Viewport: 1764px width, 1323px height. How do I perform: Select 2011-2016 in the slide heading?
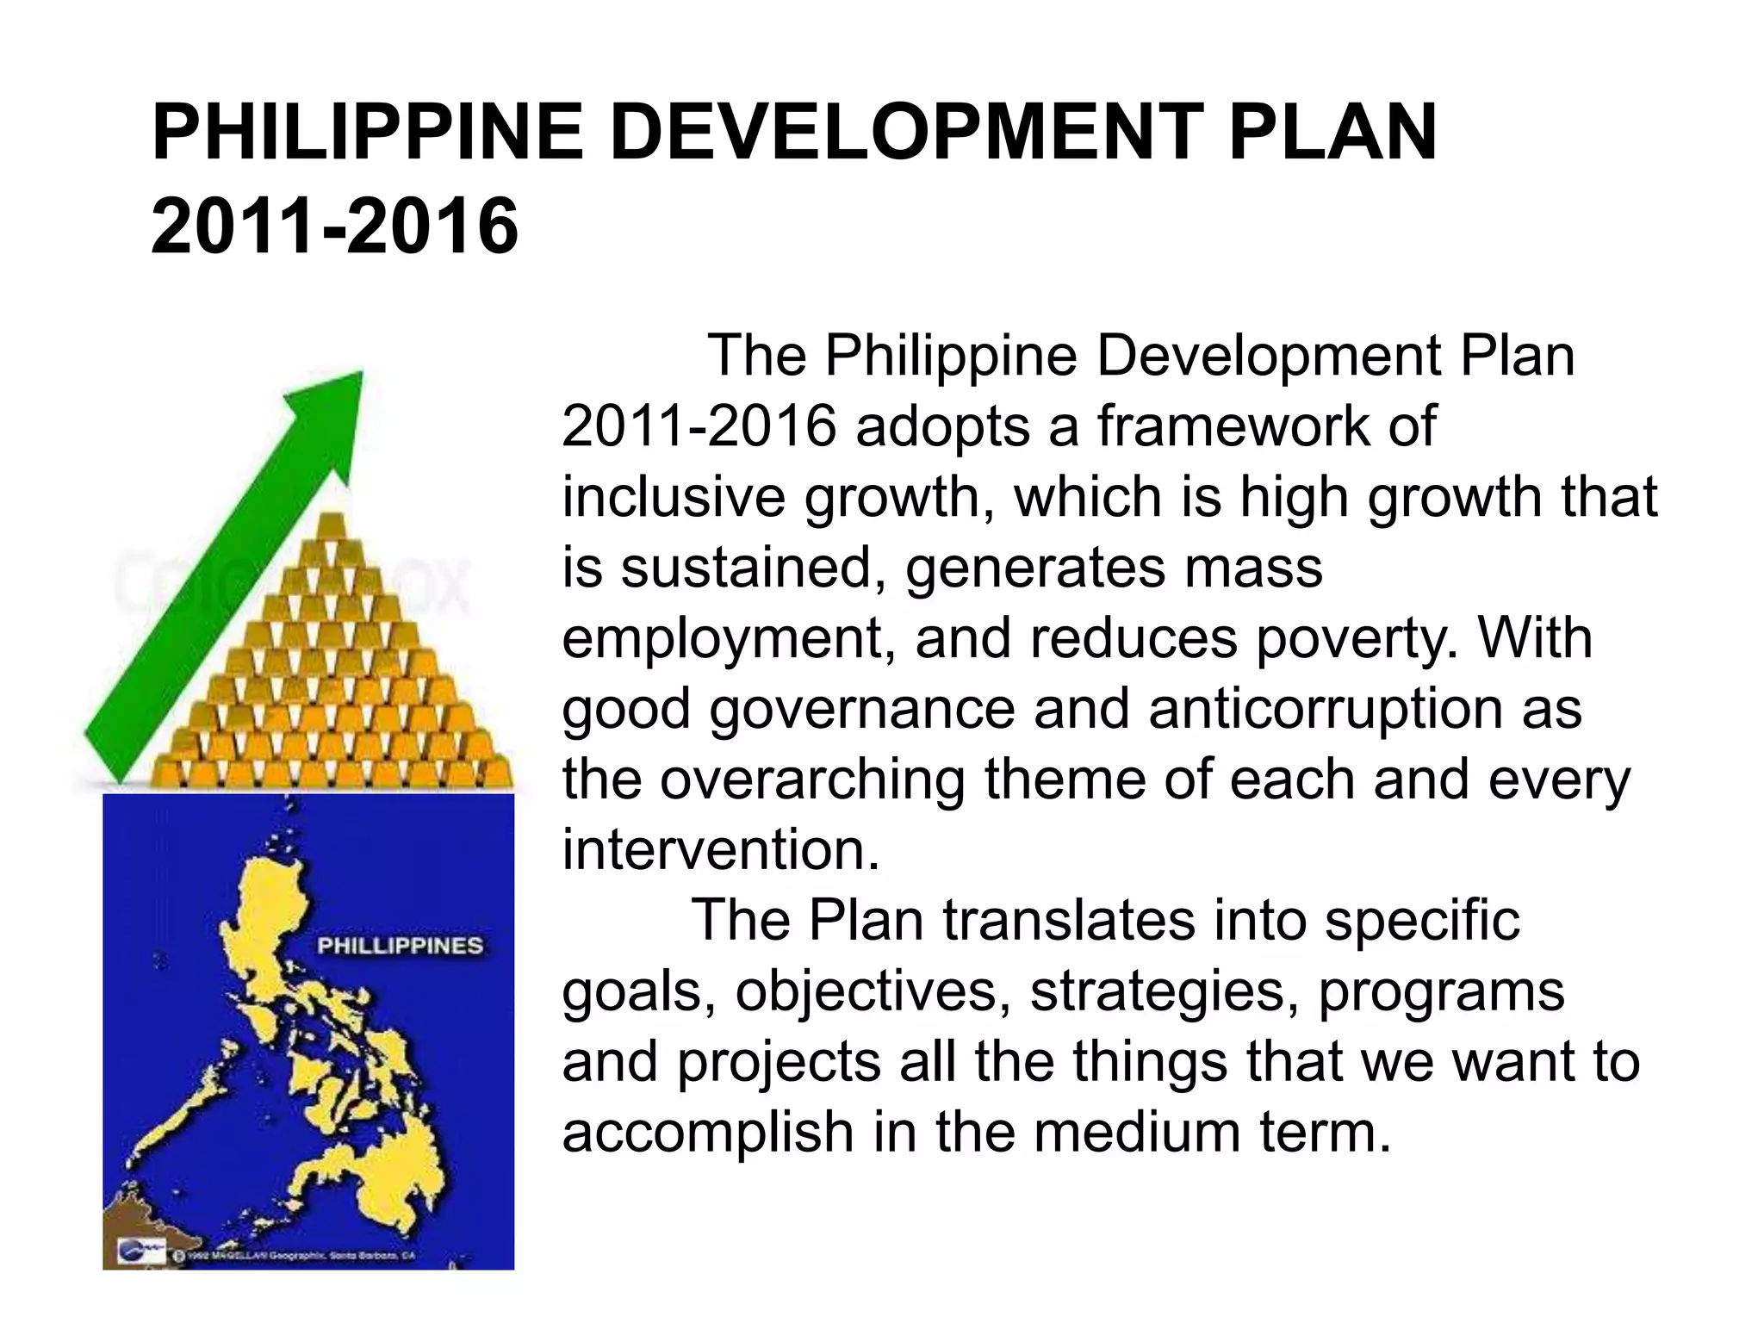pyautogui.click(x=335, y=226)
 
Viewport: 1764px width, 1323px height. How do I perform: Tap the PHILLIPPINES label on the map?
pyautogui.click(x=400, y=946)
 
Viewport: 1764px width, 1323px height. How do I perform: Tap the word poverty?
pyautogui.click(x=1357, y=639)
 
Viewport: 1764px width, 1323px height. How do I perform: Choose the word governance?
pyautogui.click(x=862, y=709)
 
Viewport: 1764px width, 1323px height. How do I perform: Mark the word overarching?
pyautogui.click(x=812, y=780)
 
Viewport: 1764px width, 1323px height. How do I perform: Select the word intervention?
pyautogui.click(x=721, y=850)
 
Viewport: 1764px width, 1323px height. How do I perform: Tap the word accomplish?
pyautogui.click(x=707, y=1132)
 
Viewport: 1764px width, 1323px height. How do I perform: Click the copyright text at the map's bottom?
pyautogui.click(x=301, y=1255)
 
